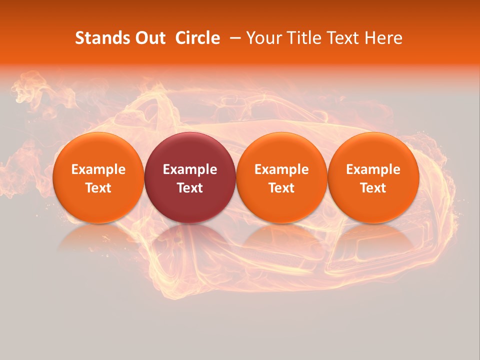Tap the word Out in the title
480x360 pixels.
[x=149, y=38]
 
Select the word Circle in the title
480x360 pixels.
[x=197, y=38]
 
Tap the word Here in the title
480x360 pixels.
[x=384, y=38]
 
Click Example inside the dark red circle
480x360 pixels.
[x=190, y=169]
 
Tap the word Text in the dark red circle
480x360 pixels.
[x=190, y=188]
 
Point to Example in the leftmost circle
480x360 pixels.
[x=98, y=169]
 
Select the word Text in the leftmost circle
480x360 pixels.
[x=98, y=188]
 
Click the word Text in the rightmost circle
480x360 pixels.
[x=373, y=188]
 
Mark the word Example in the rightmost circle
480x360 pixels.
[x=373, y=169]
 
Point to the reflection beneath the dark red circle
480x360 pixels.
[x=190, y=237]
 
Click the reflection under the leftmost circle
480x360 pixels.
[x=98, y=237]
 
